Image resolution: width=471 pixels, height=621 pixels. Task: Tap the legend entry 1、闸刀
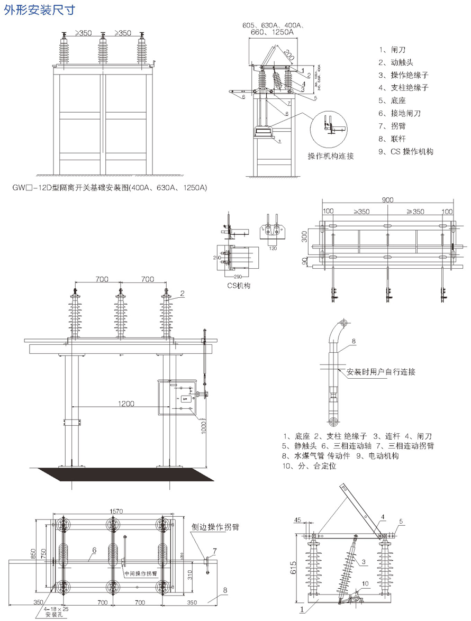tap(392, 50)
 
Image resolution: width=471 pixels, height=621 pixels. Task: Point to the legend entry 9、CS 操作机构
tap(406, 151)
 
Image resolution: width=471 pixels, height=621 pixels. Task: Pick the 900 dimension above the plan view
tap(387, 200)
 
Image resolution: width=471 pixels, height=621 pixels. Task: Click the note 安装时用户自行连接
tap(381, 372)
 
